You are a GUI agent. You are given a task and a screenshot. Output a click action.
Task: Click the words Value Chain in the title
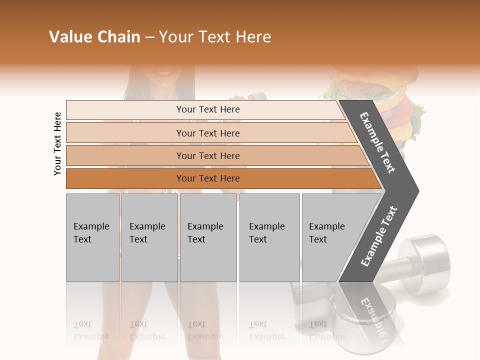(x=94, y=37)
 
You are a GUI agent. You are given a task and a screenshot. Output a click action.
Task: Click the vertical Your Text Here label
(x=57, y=143)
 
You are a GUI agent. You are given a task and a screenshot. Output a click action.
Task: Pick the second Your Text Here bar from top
(x=208, y=133)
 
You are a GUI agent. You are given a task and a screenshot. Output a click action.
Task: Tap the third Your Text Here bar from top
(x=208, y=155)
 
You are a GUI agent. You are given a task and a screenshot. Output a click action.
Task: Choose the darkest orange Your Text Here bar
(x=208, y=178)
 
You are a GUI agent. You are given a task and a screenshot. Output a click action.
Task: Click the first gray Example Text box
(x=92, y=237)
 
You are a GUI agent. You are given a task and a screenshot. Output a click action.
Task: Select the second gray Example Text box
(x=149, y=237)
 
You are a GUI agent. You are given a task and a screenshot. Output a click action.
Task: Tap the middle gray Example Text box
(x=208, y=237)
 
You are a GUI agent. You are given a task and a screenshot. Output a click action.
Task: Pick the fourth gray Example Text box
(x=269, y=237)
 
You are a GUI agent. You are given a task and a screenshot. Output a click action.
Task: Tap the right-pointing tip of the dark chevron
(x=416, y=190)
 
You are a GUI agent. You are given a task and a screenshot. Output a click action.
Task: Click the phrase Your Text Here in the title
(x=215, y=37)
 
